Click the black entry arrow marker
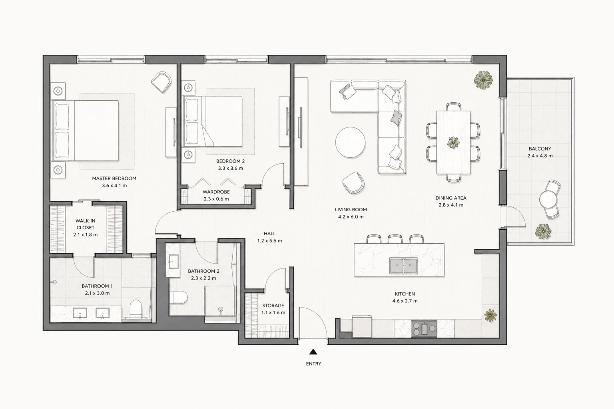[313, 352]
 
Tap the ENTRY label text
[313, 364]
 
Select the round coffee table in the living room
[350, 143]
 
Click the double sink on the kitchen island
[403, 266]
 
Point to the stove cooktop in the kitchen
[424, 328]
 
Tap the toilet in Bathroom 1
[136, 309]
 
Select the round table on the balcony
[548, 199]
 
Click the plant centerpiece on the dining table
[453, 143]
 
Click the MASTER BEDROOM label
[114, 178]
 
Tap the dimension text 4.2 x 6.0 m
[351, 217]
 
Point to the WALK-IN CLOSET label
[86, 224]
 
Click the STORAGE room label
[273, 306]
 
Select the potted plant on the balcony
[543, 232]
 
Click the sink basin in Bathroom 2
[173, 262]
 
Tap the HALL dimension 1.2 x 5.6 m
[269, 241]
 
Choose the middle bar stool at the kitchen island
[395, 239]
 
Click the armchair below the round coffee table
[353, 183]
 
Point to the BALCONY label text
[540, 149]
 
